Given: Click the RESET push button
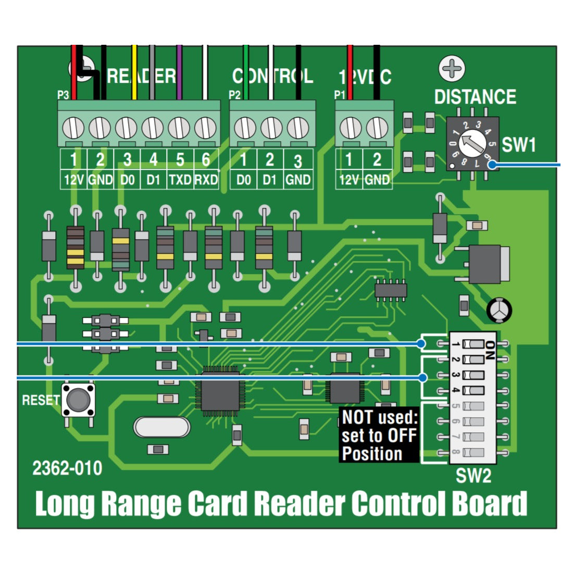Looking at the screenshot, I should [x=78, y=400].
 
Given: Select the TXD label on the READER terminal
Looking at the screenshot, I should [x=180, y=180].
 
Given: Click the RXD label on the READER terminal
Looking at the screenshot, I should [x=206, y=180].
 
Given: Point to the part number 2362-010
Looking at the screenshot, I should [x=67, y=468].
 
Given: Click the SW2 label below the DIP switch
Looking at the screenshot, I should [x=473, y=476].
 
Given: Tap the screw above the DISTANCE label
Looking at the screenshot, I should [x=452, y=69].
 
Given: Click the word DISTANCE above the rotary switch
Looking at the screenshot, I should [x=475, y=97].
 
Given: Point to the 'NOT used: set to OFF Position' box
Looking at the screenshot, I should [x=379, y=435].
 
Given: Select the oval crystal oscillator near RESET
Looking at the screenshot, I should [x=161, y=427].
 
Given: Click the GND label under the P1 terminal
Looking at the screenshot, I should [x=377, y=180].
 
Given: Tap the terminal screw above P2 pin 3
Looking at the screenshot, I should [x=298, y=128].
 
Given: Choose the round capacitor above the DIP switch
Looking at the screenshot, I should [x=499, y=310].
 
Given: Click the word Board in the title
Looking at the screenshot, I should [x=489, y=504].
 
